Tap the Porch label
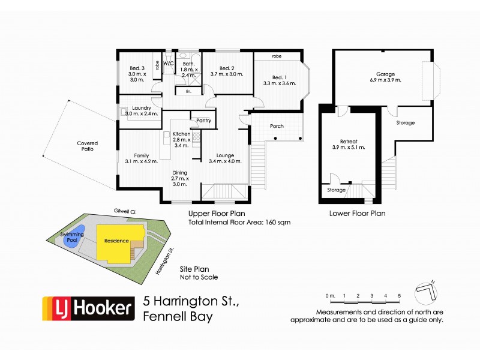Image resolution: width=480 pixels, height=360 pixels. (x=277, y=126)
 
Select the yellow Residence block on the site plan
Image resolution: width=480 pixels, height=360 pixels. (x=118, y=241)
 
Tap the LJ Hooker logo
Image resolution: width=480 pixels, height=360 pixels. (x=88, y=309)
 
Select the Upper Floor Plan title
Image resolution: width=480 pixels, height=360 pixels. (x=216, y=213)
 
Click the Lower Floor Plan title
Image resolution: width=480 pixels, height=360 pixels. (x=358, y=213)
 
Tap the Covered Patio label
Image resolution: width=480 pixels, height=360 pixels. (x=88, y=146)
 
